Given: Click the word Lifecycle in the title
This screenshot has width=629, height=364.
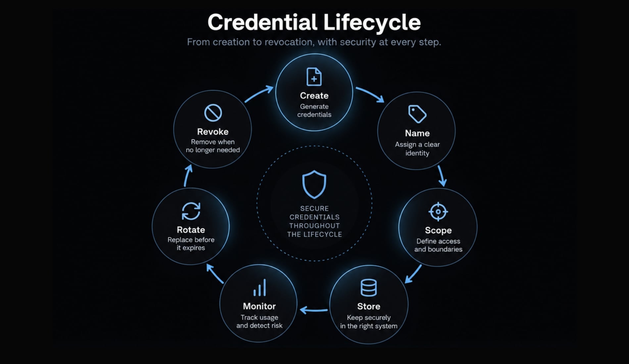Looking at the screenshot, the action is point(372,23).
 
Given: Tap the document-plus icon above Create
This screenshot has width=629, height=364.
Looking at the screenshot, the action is point(314,76).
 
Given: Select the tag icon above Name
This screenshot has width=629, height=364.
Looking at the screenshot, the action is point(417,114).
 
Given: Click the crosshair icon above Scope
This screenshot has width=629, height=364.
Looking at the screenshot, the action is point(438,211).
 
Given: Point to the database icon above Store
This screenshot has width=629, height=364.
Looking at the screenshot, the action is point(368,288).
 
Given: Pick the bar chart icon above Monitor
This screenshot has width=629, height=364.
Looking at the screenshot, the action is point(260,288).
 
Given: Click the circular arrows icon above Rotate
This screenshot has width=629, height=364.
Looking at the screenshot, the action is point(191,211).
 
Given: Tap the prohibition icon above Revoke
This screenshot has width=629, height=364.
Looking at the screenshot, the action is point(213,113).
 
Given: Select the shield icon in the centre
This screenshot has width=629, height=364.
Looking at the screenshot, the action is point(314,185).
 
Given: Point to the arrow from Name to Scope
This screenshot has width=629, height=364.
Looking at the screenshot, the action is point(442,176).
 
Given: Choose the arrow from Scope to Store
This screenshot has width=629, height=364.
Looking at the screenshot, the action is point(413,274).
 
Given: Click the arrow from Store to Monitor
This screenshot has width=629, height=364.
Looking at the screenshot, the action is point(314,310).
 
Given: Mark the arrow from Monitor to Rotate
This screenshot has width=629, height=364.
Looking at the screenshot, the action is point(214,273).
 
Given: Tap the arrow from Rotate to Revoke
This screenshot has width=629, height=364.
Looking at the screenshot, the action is point(187,176).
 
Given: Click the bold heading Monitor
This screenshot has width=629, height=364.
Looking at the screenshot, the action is point(259,306).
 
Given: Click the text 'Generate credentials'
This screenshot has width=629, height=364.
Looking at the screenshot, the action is point(314,111).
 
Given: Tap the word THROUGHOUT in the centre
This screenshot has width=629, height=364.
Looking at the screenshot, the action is point(314,226).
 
